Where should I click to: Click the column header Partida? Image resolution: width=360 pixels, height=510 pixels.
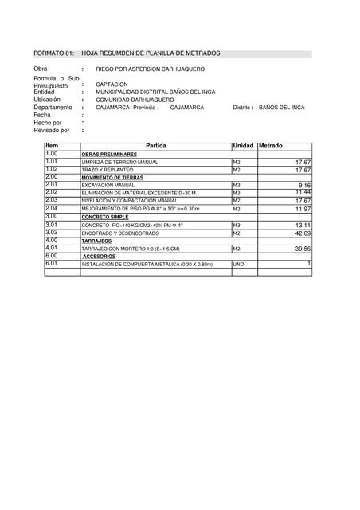pyautogui.click(x=156, y=146)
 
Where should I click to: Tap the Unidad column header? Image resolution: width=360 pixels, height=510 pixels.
pyautogui.click(x=242, y=146)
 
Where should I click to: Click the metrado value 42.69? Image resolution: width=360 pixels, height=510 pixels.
pyautogui.click(x=302, y=233)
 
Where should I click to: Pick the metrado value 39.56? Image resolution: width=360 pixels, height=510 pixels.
pyautogui.click(x=302, y=249)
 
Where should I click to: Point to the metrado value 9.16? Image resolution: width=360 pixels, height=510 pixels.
pyautogui.click(x=304, y=185)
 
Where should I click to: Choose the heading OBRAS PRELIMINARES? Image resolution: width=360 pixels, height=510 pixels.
pyautogui.click(x=108, y=154)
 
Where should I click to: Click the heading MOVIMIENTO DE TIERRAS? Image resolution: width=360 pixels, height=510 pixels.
pyautogui.click(x=112, y=177)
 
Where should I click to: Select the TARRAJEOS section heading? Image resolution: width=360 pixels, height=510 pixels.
pyautogui.click(x=96, y=241)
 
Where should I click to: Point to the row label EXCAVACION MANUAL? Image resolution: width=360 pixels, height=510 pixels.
pyautogui.click(x=108, y=185)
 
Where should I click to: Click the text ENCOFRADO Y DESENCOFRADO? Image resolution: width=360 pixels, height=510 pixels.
pyautogui.click(x=120, y=233)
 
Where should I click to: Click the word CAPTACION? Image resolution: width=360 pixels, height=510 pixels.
pyautogui.click(x=112, y=84)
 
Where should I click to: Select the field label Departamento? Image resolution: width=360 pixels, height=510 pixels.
pyautogui.click(x=53, y=107)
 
